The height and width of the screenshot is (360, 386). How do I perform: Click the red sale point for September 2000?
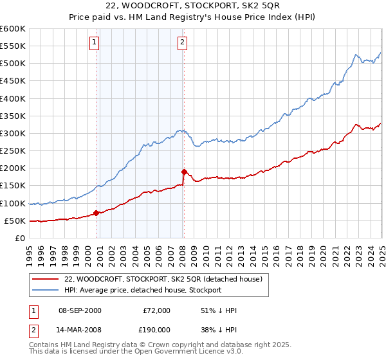[x=96, y=213]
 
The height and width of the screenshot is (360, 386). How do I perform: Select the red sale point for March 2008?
[x=184, y=172]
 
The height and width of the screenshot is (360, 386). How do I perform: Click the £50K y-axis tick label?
[x=15, y=221]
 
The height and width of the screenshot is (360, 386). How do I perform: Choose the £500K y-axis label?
[x=13, y=63]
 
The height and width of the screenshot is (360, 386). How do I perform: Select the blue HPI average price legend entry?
[x=142, y=290]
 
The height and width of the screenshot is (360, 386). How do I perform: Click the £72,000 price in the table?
[x=156, y=310]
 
